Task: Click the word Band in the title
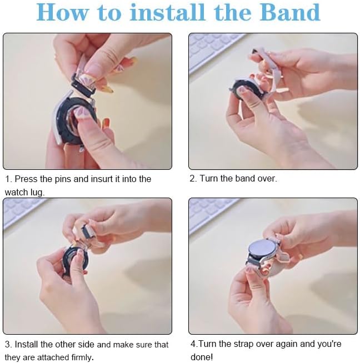point(290,12)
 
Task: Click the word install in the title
point(167,12)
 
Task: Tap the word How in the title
point(63,12)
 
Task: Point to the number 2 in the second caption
point(192,179)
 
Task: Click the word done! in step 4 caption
point(201,357)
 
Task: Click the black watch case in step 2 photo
point(246,89)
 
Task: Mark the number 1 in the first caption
point(8,179)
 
